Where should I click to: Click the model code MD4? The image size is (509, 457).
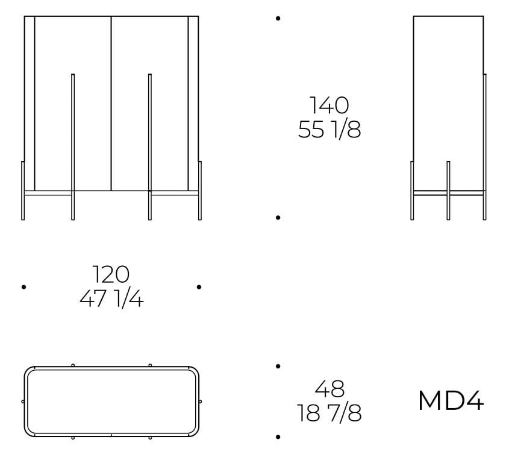tap(451, 401)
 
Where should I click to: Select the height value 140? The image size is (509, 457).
tap(329, 105)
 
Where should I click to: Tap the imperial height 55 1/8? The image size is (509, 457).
tap(329, 130)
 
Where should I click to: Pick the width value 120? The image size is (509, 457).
tap(111, 274)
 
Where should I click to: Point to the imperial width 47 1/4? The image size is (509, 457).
tap(111, 299)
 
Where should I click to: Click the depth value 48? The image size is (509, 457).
tap(329, 388)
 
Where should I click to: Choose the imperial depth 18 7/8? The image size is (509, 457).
tap(329, 413)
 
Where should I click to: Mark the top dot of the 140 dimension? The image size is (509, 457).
tap(278, 19)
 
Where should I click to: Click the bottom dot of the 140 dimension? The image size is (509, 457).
tap(278, 218)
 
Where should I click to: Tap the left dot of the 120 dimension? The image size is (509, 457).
tap(23, 287)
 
